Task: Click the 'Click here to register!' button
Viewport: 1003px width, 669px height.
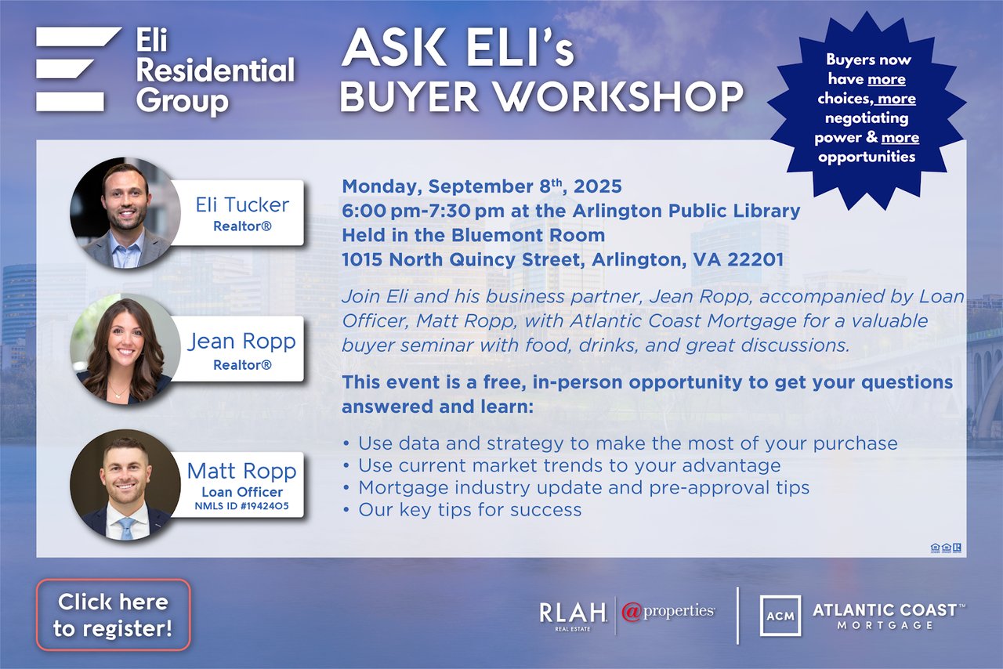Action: [x=114, y=615]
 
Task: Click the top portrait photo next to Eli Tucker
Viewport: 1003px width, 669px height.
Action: [x=125, y=213]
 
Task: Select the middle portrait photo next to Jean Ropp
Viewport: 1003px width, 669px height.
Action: [x=125, y=349]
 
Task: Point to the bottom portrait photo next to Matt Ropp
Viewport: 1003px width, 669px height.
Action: [x=125, y=485]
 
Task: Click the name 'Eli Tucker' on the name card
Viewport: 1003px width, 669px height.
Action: [x=242, y=205]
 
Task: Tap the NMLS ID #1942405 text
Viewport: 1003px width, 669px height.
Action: [x=242, y=506]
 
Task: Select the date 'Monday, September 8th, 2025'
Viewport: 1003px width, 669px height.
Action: [x=482, y=186]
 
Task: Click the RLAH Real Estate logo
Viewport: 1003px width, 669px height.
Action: [x=573, y=617]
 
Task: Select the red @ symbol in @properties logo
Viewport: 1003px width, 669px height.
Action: [x=632, y=612]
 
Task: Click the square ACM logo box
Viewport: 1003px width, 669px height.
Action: [x=780, y=616]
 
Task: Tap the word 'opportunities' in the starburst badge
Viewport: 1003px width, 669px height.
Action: [x=867, y=157]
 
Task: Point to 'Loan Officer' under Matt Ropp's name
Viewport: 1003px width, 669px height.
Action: [x=242, y=492]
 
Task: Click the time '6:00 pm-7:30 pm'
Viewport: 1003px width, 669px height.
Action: [x=423, y=211]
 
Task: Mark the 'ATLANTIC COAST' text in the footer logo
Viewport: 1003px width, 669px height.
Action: [x=885, y=610]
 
